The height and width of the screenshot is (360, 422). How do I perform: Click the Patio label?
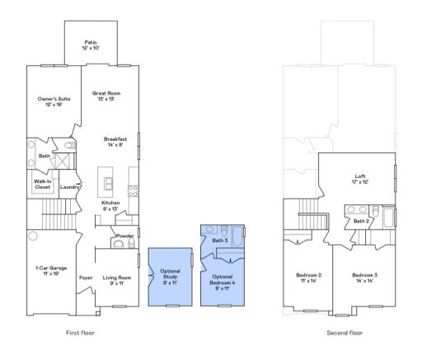click(91, 44)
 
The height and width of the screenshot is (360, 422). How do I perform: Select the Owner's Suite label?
click(50, 101)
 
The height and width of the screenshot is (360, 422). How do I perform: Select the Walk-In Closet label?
click(42, 185)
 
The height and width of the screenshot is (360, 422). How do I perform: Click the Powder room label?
click(125, 236)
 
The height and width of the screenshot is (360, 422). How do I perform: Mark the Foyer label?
click(86, 278)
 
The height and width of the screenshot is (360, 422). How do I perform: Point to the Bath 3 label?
click(219, 240)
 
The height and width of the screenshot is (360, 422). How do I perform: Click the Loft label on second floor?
click(359, 178)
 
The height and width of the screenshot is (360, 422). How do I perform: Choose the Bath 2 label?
click(361, 221)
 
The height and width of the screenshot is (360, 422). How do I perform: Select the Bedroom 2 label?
click(308, 277)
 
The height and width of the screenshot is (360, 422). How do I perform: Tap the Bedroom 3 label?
click(364, 277)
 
